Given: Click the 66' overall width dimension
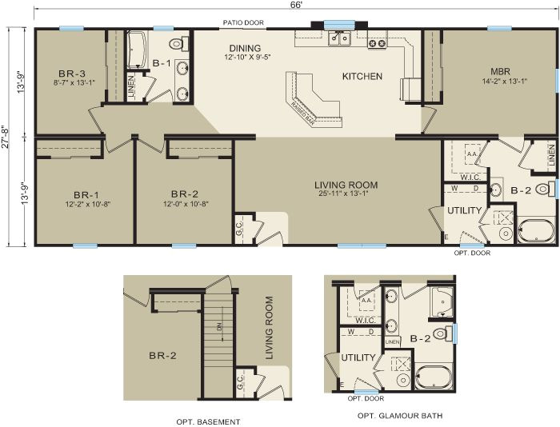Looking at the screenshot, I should [x=296, y=6].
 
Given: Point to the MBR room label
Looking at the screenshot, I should [x=501, y=71].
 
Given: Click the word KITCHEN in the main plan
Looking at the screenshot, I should [x=362, y=77].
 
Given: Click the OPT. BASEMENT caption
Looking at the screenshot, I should [x=208, y=421].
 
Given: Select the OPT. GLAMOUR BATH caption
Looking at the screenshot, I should [x=400, y=416].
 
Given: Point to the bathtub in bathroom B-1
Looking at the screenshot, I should [x=136, y=46].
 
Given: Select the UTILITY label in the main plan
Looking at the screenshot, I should [x=466, y=210].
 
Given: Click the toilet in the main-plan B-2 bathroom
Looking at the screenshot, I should [x=545, y=190].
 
